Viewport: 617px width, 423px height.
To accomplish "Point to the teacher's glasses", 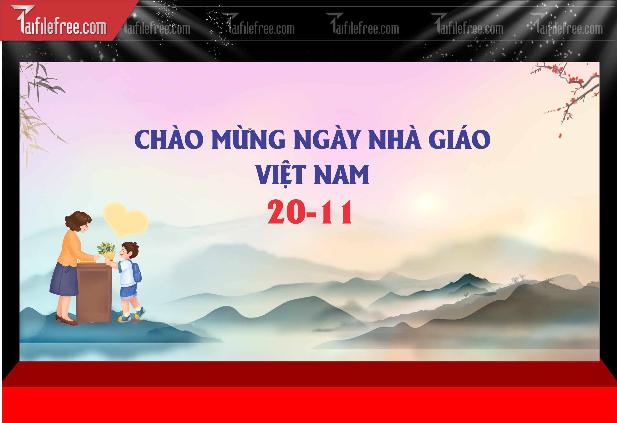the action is coord(86,226).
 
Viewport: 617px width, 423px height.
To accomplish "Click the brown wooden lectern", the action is coord(94,292).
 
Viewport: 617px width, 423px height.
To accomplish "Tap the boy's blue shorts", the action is coord(128,291).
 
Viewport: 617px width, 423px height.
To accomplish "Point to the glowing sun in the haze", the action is coord(426,204).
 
